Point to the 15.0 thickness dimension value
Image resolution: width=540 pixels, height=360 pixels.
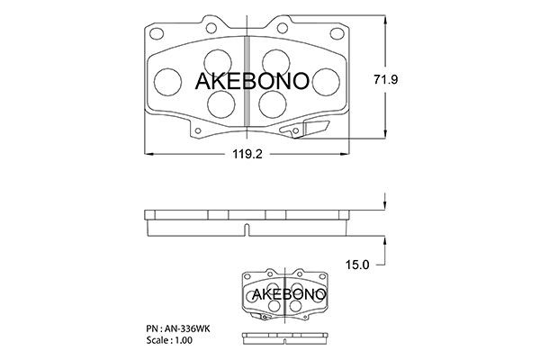358,264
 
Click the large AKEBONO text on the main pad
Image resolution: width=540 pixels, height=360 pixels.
253,81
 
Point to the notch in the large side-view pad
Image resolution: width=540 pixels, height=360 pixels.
247,229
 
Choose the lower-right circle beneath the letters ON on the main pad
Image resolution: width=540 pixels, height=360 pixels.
271,106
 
